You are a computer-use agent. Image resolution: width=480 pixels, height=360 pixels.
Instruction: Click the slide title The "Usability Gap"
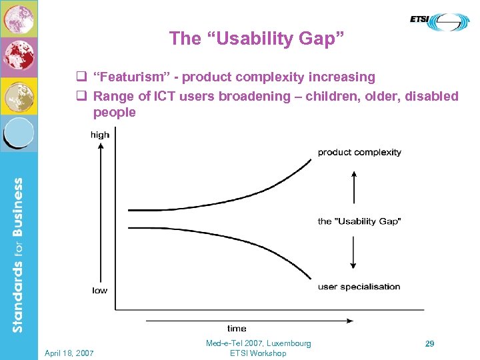[257, 38]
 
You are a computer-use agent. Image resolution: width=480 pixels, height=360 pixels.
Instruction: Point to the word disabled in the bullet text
[433, 96]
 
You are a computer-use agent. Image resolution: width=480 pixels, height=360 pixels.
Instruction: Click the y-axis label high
[100, 135]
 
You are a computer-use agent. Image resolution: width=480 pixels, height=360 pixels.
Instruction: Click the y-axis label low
[99, 290]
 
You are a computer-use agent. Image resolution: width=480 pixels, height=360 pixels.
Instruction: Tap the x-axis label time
[237, 328]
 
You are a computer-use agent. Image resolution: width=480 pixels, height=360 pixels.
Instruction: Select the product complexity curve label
[359, 152]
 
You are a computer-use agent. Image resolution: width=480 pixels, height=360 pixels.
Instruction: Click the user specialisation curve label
[359, 287]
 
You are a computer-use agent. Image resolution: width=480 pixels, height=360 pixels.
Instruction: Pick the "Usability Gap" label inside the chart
[359, 221]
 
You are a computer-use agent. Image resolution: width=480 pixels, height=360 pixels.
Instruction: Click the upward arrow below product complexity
[353, 188]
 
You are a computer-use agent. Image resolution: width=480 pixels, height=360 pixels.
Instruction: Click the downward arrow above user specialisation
[353, 253]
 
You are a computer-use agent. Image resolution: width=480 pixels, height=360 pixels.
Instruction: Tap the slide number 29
[430, 343]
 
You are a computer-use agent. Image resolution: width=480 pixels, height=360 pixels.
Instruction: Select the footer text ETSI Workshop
[258, 353]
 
